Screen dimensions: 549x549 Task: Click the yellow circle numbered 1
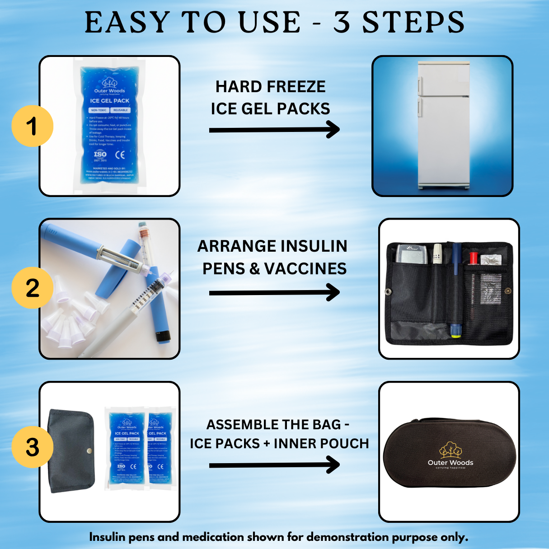32,126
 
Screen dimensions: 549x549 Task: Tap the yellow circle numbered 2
32,288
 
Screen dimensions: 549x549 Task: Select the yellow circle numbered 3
32,447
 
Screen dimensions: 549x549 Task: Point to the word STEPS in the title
413,23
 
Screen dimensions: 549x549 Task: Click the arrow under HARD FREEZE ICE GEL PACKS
274,130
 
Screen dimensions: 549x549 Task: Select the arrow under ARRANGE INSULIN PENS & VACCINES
274,293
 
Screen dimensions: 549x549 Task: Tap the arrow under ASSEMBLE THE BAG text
274,465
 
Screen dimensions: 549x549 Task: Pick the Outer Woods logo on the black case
450,454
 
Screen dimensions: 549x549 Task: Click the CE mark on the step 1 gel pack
120,155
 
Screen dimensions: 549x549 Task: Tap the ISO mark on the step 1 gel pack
100,155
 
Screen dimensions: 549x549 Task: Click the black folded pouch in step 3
71,450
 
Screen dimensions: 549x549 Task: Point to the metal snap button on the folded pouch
89,450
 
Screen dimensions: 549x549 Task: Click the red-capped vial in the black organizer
473,258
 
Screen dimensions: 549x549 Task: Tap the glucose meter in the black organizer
411,254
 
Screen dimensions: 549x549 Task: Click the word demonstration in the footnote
348,537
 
